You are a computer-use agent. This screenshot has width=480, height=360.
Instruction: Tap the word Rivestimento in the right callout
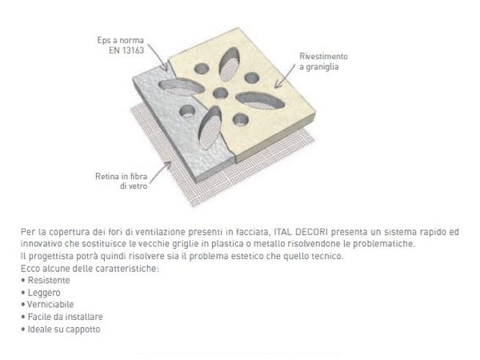tap(324, 58)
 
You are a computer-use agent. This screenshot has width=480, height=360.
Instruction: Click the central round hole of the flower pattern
tap(218, 94)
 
